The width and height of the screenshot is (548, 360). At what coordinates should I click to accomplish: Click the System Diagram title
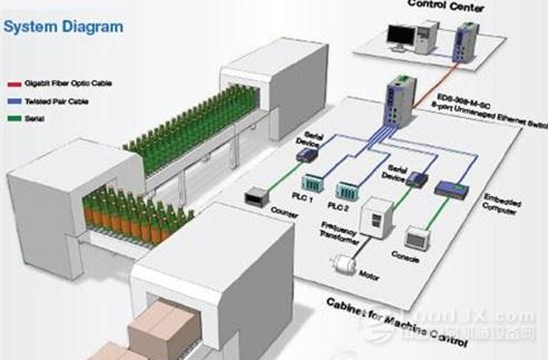point(63,26)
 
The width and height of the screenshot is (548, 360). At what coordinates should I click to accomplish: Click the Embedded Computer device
point(452,191)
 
